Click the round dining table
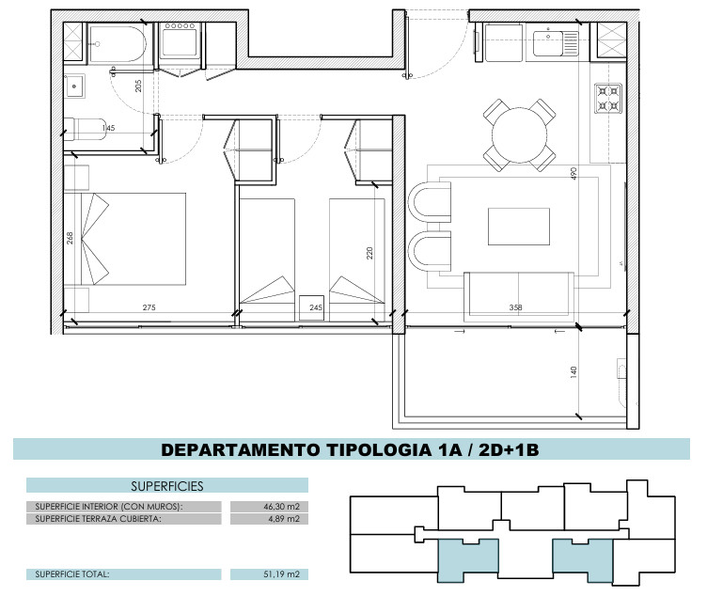tap(519, 134)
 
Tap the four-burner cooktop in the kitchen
tap(607, 99)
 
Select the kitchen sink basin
tap(549, 43)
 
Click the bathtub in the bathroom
tap(118, 44)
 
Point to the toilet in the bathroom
tap(86, 130)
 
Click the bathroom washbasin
tap(74, 86)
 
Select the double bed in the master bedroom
tap(134, 239)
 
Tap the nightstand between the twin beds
tap(311, 307)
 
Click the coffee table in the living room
tap(519, 227)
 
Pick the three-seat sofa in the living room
tap(519, 295)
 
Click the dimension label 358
tap(515, 307)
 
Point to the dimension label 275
tap(149, 307)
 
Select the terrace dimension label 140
tap(573, 372)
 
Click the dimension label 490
tap(573, 174)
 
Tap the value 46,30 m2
tap(281, 507)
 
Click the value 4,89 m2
tap(284, 519)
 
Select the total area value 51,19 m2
tap(281, 574)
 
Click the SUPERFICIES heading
tap(167, 486)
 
